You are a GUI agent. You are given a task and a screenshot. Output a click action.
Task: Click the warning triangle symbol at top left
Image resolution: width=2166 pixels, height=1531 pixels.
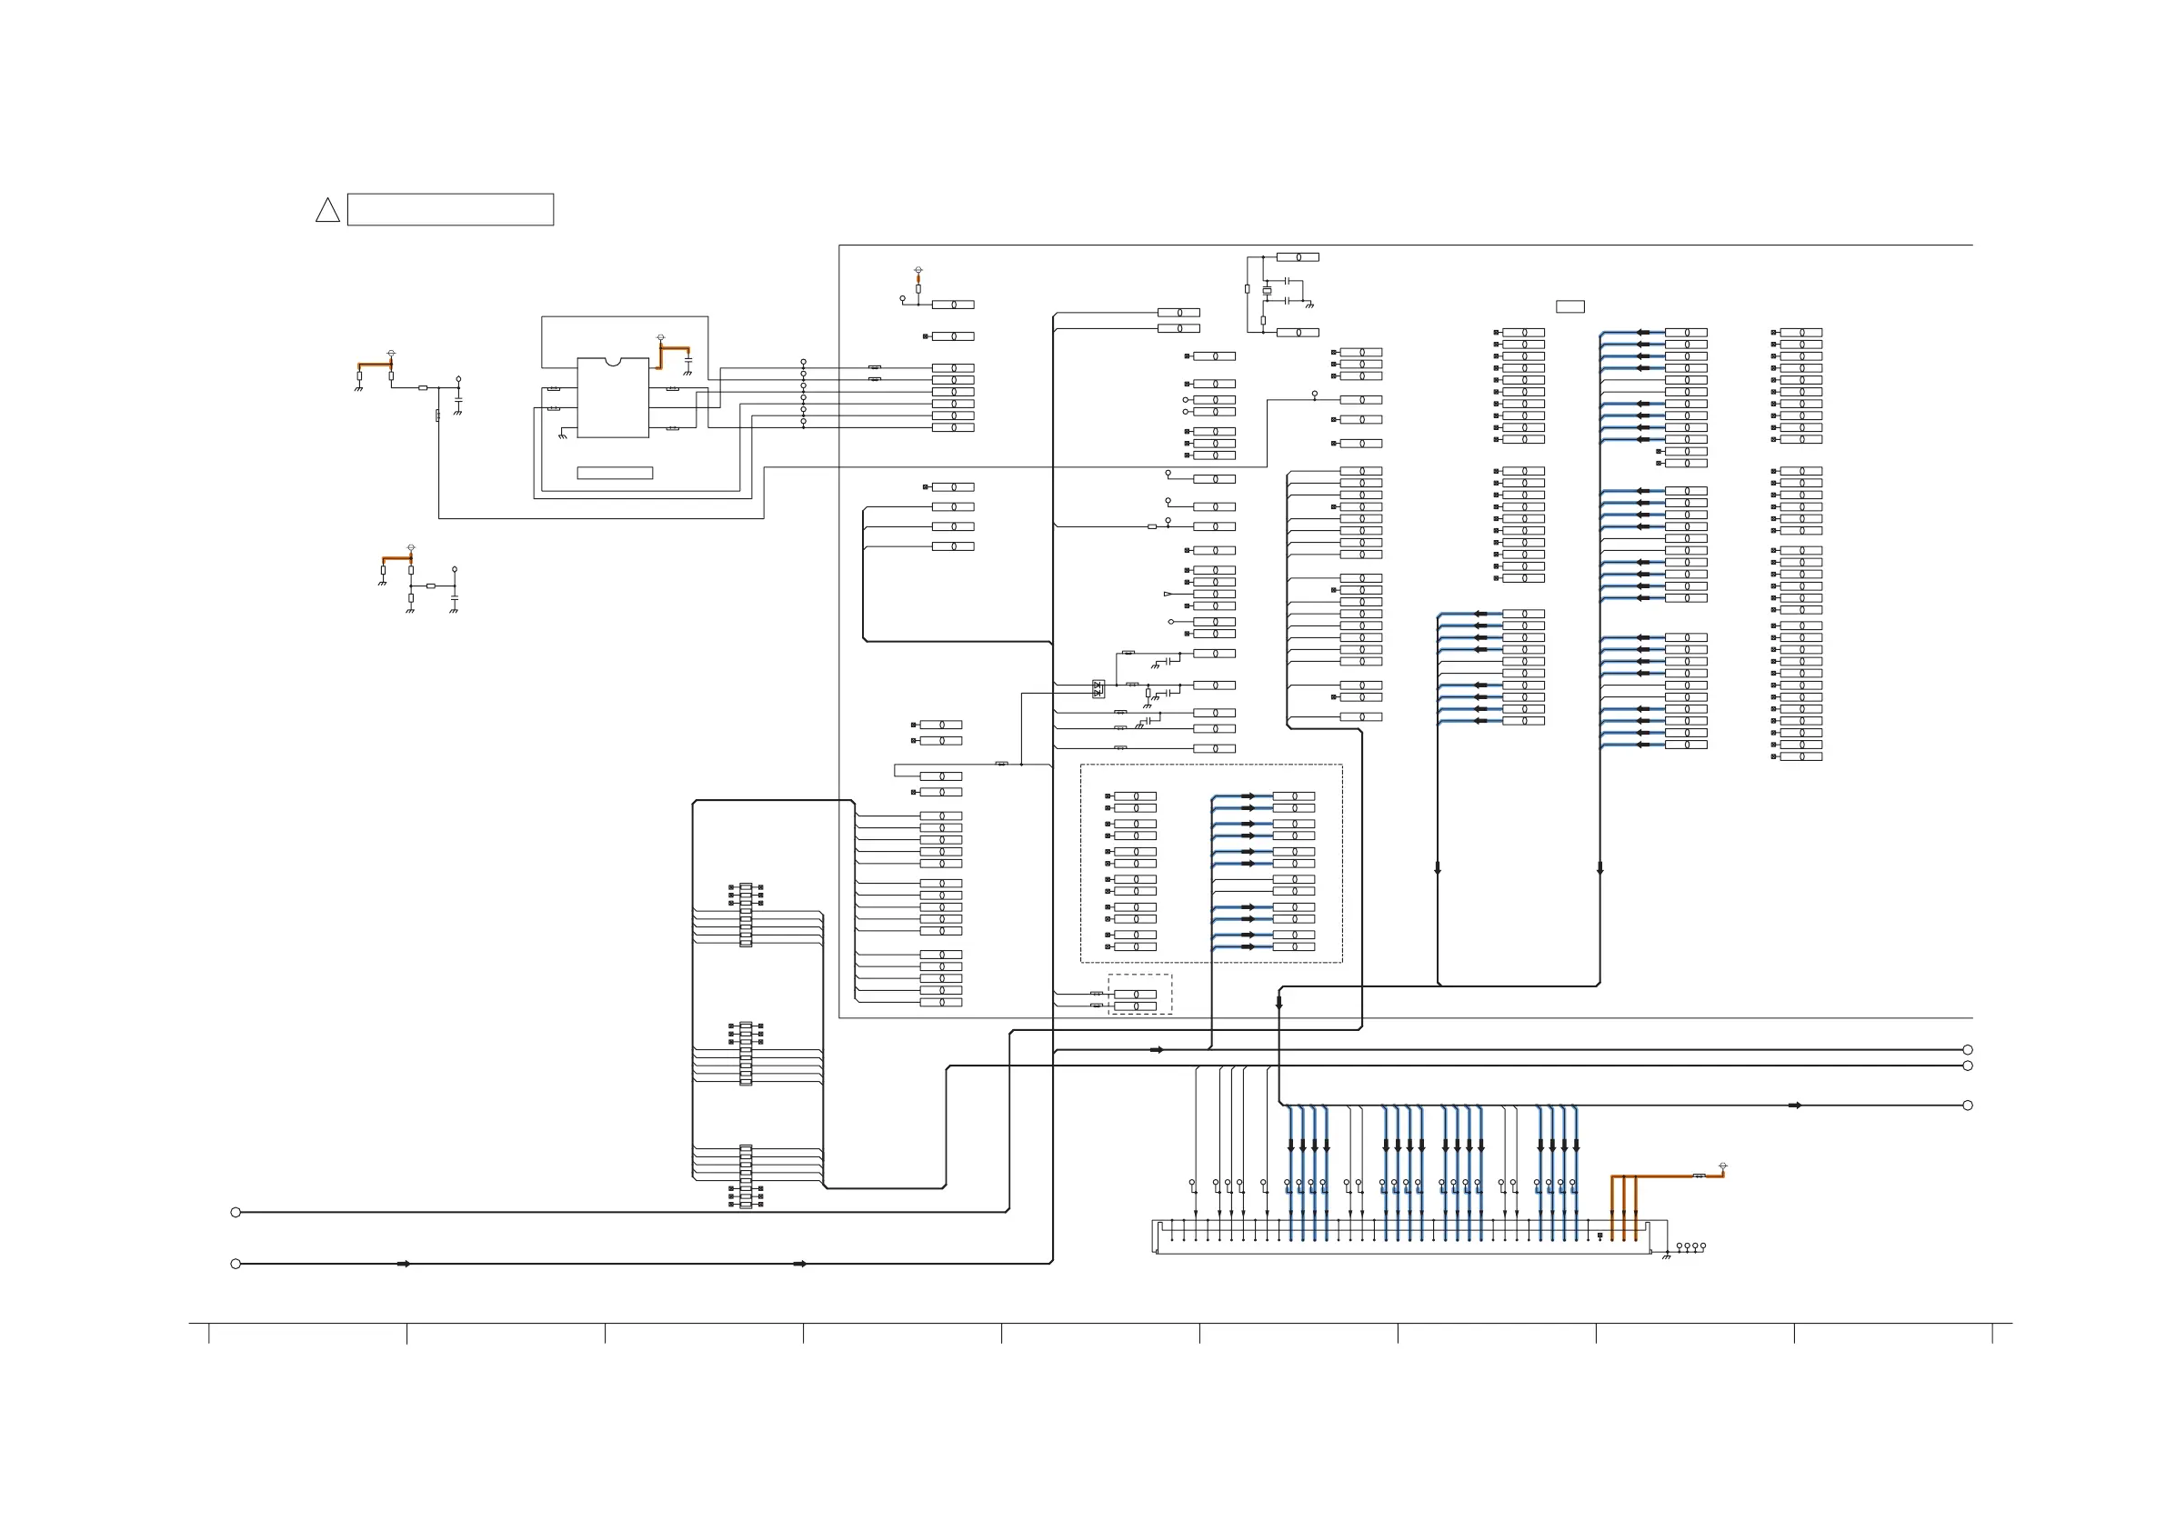pos(327,211)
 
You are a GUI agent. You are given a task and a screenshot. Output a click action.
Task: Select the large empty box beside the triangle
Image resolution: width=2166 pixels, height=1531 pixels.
pos(450,209)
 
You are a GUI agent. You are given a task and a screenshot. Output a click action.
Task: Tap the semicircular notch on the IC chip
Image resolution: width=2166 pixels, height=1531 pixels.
pos(612,361)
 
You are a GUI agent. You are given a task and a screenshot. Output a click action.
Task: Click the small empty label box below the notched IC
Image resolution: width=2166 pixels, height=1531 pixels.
pos(614,473)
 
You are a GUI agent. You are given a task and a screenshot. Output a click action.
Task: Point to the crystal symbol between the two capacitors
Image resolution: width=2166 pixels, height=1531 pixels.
pos(1267,291)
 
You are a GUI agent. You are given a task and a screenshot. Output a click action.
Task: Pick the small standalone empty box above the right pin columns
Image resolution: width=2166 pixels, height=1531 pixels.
pos(1569,306)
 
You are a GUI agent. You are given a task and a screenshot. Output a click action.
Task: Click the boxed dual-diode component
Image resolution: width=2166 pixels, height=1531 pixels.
pos(1098,688)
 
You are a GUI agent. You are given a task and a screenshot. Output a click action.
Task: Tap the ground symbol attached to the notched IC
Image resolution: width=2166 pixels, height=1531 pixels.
pos(562,435)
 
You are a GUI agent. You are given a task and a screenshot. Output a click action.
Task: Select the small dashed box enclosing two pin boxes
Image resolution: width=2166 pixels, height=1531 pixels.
pos(1139,995)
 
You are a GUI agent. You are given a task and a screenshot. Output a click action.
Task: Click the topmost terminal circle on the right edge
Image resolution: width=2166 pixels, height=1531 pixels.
pos(1967,1050)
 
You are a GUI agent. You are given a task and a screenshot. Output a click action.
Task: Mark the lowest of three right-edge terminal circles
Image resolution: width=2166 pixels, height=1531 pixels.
pos(1967,1105)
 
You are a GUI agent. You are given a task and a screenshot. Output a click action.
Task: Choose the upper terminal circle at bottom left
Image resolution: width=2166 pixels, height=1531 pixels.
pos(236,1212)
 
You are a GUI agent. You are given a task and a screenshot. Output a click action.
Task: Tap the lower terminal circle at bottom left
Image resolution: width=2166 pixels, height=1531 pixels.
pos(236,1264)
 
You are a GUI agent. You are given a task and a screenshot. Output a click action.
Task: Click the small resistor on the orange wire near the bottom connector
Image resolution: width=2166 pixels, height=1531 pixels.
pos(1699,1176)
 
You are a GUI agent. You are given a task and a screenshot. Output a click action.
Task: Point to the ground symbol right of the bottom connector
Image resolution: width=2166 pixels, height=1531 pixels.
pos(1666,1256)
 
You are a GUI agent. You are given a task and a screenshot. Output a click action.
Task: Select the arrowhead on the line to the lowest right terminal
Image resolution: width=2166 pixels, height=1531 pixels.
pos(1794,1105)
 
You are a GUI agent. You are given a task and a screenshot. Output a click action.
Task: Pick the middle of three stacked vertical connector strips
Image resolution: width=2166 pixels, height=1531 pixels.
pos(746,1054)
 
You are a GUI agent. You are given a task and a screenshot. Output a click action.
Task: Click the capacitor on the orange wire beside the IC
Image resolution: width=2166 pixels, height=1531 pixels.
pos(688,360)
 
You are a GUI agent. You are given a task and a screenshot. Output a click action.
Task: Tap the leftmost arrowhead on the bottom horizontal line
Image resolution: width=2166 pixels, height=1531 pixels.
pos(404,1264)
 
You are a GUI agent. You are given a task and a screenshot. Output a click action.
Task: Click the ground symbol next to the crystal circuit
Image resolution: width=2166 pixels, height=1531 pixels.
pos(1309,305)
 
